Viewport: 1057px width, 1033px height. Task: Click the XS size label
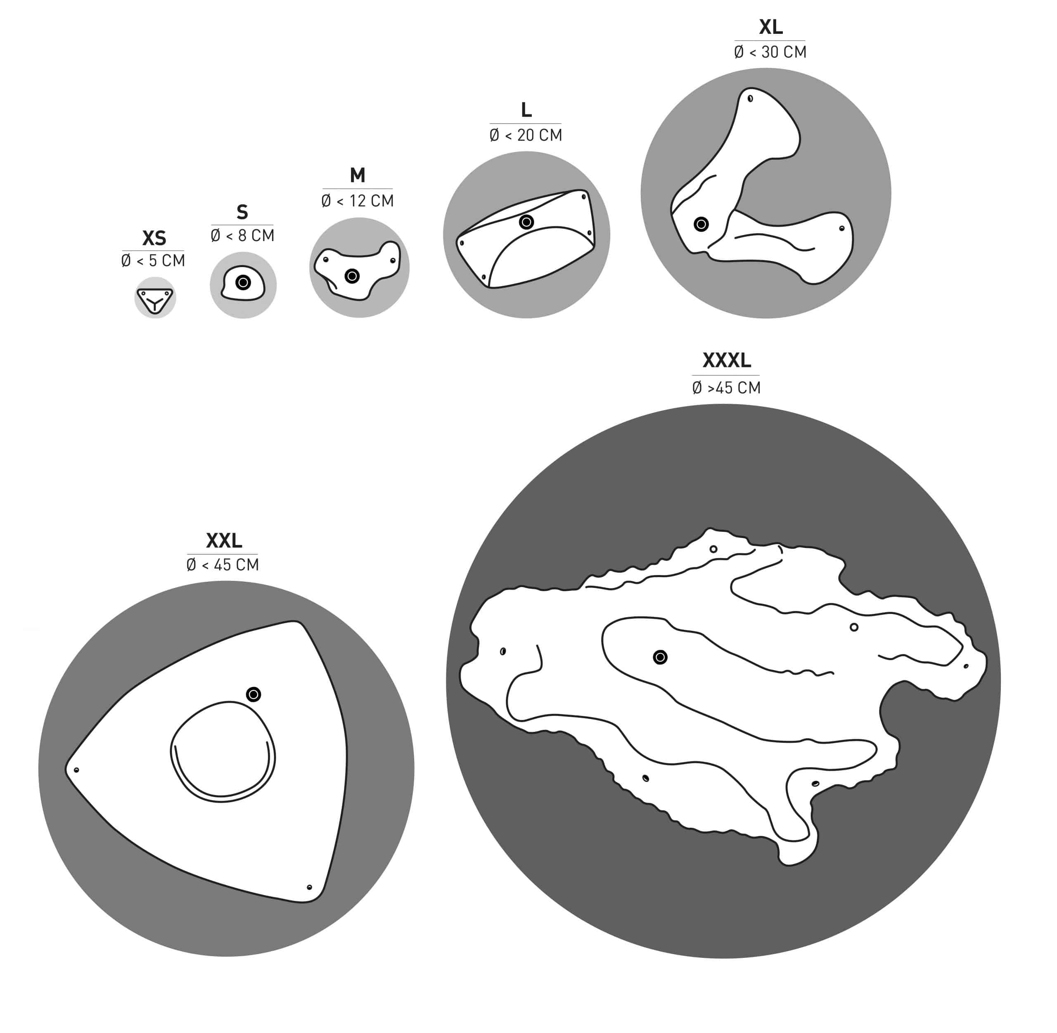point(154,238)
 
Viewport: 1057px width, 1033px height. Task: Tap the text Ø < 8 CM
point(242,235)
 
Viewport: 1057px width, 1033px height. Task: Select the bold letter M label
point(358,175)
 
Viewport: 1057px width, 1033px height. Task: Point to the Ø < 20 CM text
point(526,135)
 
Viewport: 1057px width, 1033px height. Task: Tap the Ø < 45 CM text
point(223,565)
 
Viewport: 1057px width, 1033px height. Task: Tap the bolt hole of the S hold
point(243,282)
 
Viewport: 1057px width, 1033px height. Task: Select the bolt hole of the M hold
point(352,276)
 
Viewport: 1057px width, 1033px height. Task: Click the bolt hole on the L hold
point(526,222)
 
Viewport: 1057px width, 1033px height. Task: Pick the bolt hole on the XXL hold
point(254,694)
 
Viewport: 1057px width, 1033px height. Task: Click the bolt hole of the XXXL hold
point(660,657)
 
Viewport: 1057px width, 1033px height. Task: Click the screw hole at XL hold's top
point(750,98)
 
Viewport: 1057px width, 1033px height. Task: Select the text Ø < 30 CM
point(770,52)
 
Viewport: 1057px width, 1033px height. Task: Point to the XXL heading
point(223,541)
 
